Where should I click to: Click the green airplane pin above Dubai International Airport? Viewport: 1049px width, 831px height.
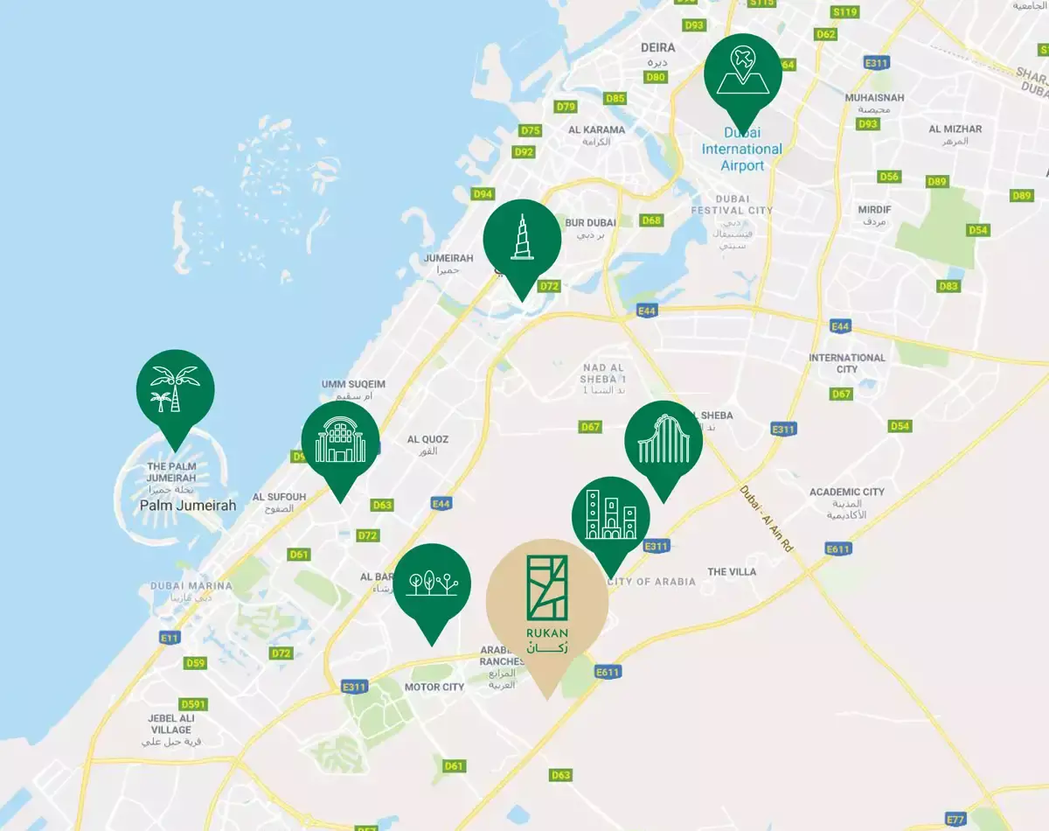tap(743, 72)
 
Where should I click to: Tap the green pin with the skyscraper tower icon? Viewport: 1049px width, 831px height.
tap(522, 239)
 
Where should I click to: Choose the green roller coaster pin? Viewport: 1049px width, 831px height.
tap(663, 440)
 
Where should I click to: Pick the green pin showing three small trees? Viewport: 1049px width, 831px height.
tap(432, 583)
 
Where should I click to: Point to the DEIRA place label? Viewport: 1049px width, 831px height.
tap(658, 47)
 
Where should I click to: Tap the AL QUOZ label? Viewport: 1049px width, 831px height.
tap(427, 439)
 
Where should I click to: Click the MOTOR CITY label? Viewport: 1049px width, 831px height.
tap(434, 687)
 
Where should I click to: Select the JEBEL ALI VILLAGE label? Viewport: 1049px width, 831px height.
tap(170, 724)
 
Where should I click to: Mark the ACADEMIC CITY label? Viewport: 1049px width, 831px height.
tap(846, 492)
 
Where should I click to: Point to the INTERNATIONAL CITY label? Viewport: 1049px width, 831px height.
tap(846, 363)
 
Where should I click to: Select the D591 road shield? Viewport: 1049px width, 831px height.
tap(193, 704)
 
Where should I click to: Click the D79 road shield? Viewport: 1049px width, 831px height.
tap(566, 107)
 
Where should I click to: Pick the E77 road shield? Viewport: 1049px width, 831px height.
tap(957, 820)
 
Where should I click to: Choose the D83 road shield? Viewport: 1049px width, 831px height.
tap(948, 286)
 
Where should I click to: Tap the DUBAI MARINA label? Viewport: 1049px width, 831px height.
tap(191, 586)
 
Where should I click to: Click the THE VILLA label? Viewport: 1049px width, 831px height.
tap(732, 572)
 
